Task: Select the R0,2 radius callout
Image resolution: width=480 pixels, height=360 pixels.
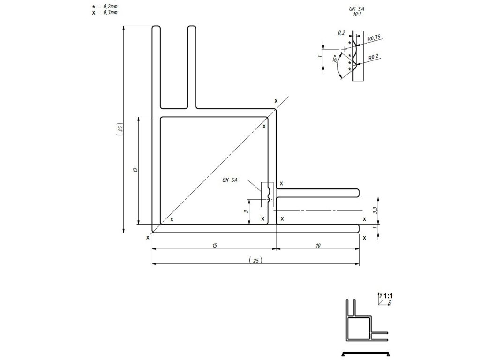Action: (x=374, y=56)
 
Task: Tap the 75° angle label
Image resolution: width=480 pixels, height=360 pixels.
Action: (x=335, y=60)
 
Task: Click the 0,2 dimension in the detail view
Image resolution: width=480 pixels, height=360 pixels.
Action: (x=341, y=33)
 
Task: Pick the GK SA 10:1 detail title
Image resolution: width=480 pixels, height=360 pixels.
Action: (x=357, y=12)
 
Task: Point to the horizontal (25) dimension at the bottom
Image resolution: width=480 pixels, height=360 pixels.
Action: (x=255, y=260)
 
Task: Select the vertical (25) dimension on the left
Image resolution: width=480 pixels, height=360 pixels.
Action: (x=120, y=130)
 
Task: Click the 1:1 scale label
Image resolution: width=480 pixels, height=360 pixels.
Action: (x=388, y=296)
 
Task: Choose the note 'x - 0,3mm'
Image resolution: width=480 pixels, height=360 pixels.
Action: (x=105, y=13)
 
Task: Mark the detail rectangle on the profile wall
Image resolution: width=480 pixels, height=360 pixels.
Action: (x=267, y=194)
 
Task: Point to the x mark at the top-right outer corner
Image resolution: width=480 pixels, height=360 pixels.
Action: (x=276, y=101)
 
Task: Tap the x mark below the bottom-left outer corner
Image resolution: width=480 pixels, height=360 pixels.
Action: (x=148, y=238)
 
